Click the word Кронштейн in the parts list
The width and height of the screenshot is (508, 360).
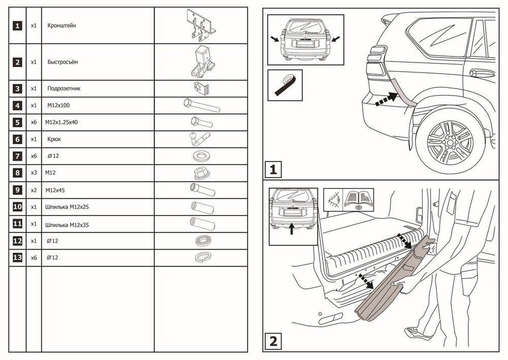point(62,25)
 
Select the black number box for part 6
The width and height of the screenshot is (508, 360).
point(18,139)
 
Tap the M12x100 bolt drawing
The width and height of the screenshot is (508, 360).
point(201,106)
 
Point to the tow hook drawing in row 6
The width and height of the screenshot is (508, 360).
point(200,139)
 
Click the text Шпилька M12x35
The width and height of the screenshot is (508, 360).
point(67,224)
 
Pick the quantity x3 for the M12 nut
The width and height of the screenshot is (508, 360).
point(34,173)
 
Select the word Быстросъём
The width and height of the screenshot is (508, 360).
point(62,62)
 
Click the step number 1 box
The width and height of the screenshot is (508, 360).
point(273,169)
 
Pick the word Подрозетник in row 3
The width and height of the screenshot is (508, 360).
point(63,88)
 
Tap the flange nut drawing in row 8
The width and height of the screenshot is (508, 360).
point(201,173)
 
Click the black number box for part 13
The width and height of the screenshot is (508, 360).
point(18,258)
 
